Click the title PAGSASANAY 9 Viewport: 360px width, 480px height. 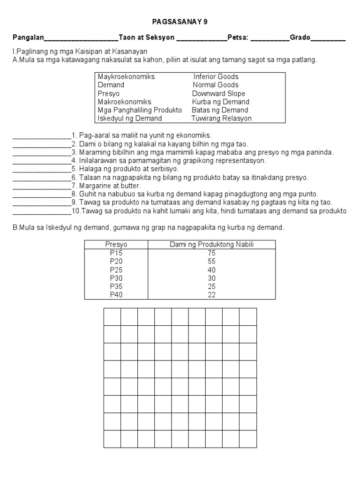180,22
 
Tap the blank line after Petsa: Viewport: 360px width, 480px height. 270,39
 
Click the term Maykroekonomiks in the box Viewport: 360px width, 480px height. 126,76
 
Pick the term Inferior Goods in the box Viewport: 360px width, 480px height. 216,76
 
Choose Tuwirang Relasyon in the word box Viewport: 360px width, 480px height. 221,119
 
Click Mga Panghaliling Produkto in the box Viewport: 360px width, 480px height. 140,110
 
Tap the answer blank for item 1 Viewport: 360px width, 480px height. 42,136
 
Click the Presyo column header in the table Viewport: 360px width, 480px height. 116,245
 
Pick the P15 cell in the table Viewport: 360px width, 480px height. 116,253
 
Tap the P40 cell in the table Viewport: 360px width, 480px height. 116,295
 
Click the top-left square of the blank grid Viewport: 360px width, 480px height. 112,316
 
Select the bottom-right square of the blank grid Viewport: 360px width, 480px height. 248,439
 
